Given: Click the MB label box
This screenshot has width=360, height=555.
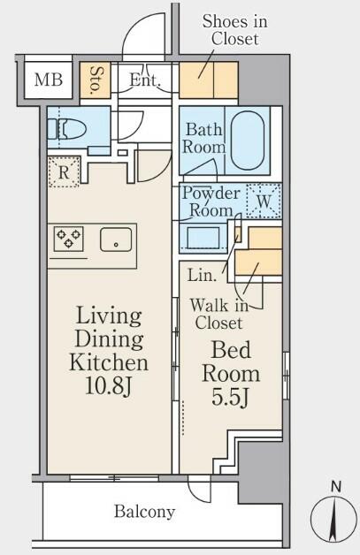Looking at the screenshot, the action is tap(49, 80).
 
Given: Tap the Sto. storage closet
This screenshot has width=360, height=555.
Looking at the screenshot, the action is tap(95, 80).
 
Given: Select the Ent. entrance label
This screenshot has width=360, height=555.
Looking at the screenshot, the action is tap(145, 80).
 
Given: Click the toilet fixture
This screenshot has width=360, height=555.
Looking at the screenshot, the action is tap(67, 129).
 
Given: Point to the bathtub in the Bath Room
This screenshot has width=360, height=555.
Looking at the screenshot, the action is tap(248, 142).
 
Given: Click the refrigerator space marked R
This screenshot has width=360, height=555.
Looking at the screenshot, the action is tap(65, 172).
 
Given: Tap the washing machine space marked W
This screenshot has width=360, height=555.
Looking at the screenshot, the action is tap(264, 201).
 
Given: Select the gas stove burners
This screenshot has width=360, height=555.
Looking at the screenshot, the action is tap(69, 239).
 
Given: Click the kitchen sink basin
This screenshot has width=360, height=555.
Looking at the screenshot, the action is tap(116, 239).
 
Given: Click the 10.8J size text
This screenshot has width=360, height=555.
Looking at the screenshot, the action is tap(108, 386).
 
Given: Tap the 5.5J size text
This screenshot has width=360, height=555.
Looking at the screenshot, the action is tap(230, 397).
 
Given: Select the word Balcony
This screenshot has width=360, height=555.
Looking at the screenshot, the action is tap(144, 512).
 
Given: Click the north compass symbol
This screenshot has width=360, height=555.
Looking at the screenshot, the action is tap(333, 520).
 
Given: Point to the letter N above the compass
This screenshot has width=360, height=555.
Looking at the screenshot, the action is tap(336, 487).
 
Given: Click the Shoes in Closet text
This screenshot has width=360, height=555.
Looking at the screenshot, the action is tap(234, 30).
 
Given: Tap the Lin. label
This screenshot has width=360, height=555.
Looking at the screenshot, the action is tap(202, 275).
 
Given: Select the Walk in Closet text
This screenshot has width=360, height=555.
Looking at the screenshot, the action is tap(219, 314).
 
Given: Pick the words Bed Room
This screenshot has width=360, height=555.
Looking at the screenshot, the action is tap(231, 361).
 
